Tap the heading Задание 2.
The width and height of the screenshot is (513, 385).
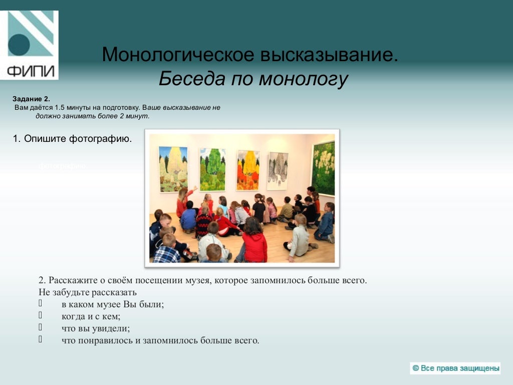(x=31, y=99)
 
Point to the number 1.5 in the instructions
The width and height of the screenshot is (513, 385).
(x=60, y=107)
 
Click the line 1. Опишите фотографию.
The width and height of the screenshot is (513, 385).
(x=72, y=138)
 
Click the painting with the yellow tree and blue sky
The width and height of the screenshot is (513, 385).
(x=173, y=169)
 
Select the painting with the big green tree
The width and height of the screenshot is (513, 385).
(x=212, y=169)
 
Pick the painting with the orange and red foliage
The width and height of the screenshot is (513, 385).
(x=247, y=170)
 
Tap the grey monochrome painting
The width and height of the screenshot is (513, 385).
(x=277, y=171)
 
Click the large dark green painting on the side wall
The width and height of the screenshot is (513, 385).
(x=323, y=168)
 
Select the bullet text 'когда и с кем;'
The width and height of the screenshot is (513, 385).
(x=91, y=316)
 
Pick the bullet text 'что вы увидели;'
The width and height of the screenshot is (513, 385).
(x=95, y=328)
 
